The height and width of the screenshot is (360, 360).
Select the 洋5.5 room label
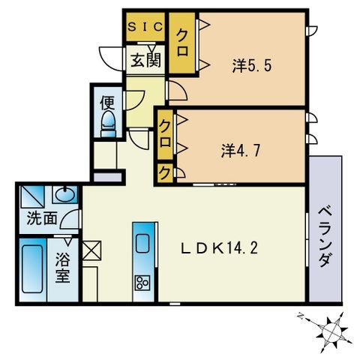point(250,64)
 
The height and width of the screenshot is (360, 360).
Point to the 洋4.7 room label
point(241,149)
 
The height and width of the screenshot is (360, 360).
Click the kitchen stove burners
point(141,283)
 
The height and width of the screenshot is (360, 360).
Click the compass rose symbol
point(333,328)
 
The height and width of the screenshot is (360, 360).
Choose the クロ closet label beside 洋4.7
point(165,135)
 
